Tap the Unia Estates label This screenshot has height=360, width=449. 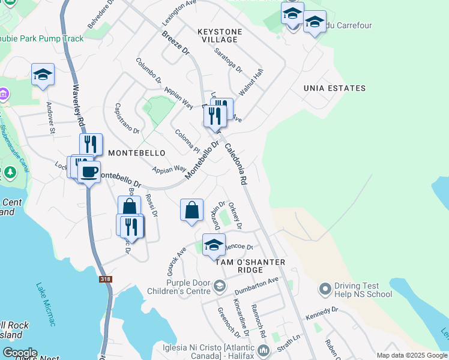click(334, 88)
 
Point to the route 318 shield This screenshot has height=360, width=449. click(106, 280)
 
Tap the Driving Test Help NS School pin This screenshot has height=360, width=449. click(325, 289)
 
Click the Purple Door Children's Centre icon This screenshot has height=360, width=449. click(219, 287)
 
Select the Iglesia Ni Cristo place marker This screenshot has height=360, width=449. click(263, 350)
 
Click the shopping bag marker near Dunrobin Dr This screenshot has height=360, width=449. click(191, 211)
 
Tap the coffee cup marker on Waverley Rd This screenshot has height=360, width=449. click(89, 173)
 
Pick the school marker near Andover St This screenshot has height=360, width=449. click(43, 74)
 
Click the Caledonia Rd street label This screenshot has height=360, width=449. click(236, 163)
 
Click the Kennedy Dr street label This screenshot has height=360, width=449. click(322, 313)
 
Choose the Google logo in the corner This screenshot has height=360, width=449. click(20, 353)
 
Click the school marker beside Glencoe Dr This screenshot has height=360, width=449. click(213, 245)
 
